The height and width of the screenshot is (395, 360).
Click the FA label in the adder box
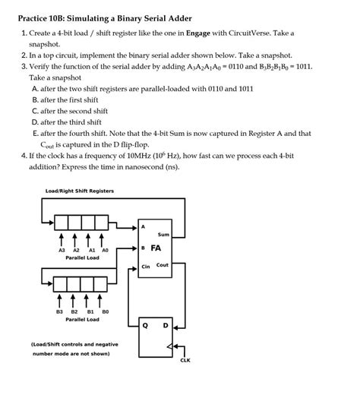156,248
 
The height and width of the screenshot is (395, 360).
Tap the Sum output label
163,234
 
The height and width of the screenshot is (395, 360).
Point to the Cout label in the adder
163,265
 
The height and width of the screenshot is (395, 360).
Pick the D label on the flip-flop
165,325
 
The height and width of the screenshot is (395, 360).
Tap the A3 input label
62,249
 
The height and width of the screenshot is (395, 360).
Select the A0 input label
106,249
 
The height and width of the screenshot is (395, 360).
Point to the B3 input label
59,311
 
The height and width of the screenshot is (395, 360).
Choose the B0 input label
106,311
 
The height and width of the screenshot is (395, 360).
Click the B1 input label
90,311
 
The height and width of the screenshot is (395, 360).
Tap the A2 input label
76,249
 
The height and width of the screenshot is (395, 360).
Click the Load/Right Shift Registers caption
80,191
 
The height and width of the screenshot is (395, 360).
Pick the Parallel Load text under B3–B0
82,320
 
